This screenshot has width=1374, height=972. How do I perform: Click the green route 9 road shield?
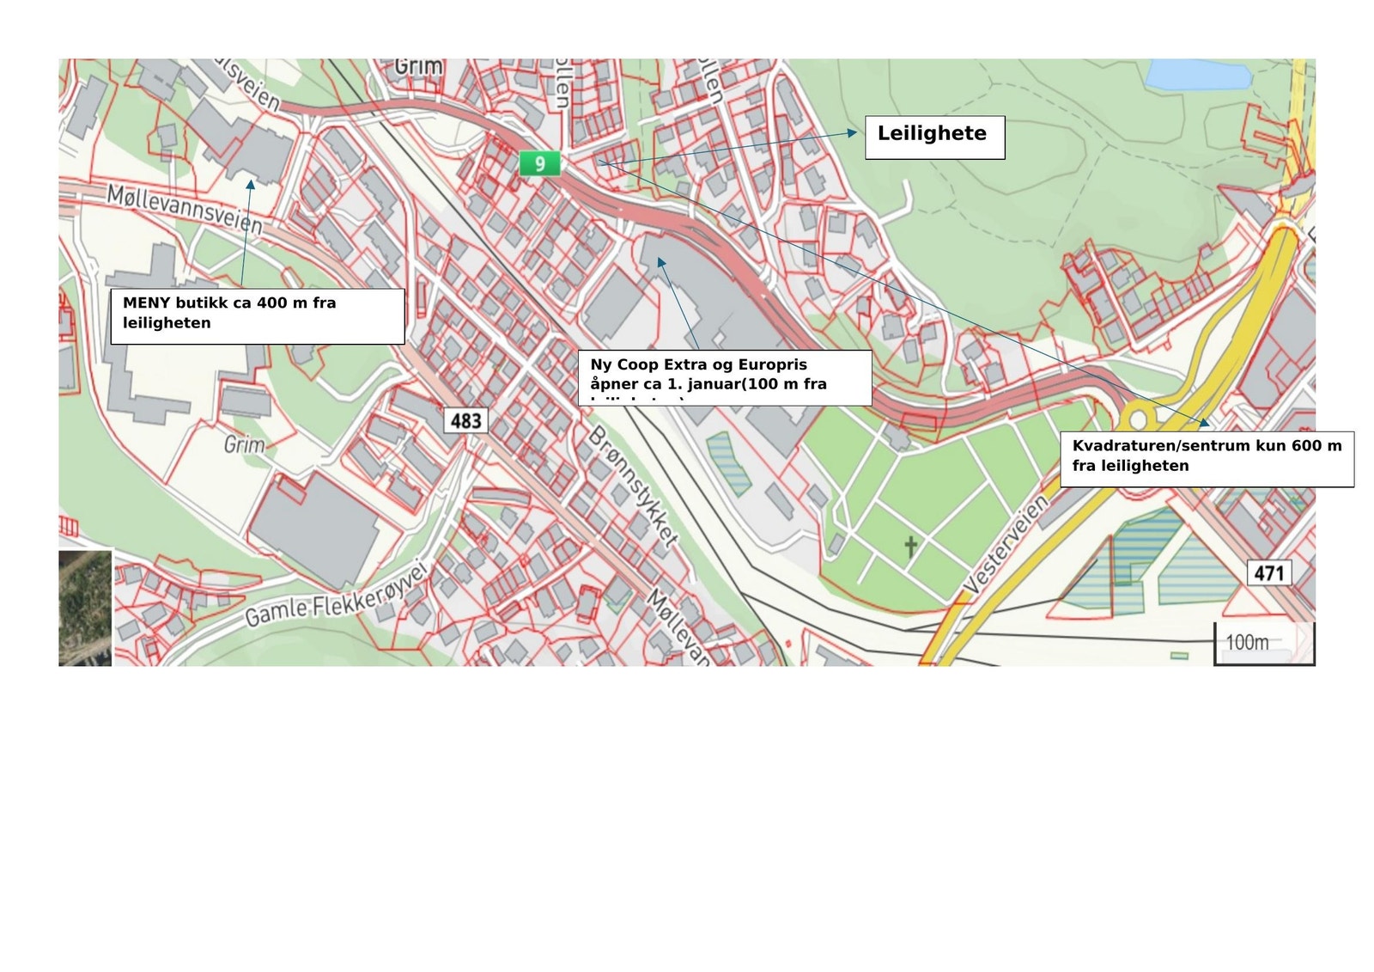tap(539, 163)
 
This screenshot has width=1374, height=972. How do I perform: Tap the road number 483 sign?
tap(466, 420)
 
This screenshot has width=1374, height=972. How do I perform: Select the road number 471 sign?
tap(1268, 572)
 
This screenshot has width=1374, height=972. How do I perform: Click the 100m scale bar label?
tap(1247, 642)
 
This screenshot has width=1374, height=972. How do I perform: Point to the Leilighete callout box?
tap(934, 138)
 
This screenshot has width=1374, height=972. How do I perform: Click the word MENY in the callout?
tap(147, 303)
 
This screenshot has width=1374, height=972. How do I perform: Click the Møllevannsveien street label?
tap(185, 209)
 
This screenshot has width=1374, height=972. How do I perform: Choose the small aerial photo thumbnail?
tap(85, 608)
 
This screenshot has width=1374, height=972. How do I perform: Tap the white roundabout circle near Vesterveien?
tap(1140, 419)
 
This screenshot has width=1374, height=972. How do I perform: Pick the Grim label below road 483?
tap(244, 444)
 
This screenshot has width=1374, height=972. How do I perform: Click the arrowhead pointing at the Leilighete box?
tap(852, 132)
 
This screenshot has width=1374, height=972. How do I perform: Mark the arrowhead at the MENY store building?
tap(250, 183)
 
